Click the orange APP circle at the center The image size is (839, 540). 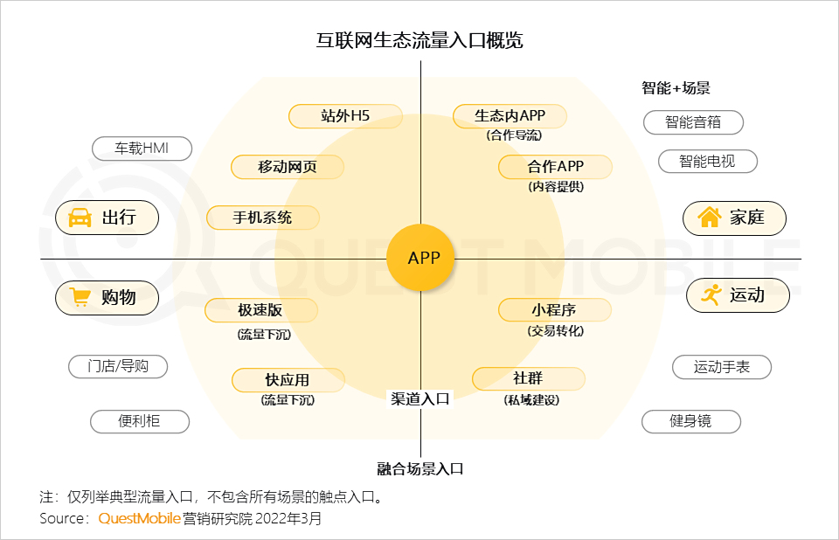tap(420, 258)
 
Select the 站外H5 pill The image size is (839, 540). tap(345, 116)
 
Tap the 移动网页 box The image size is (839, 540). tap(288, 167)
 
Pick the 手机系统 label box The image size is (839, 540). tap(263, 218)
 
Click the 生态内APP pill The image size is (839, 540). tap(510, 116)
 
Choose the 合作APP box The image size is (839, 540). tap(555, 167)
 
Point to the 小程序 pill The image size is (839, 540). tap(554, 310)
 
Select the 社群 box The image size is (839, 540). tap(528, 379)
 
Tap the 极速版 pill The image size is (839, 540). tap(260, 310)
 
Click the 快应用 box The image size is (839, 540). tap(288, 380)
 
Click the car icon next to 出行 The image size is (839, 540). tap(80, 218)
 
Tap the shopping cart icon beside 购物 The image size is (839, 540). tap(80, 297)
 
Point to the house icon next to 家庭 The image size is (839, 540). tap(710, 217)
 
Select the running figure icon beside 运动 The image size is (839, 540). tap(711, 294)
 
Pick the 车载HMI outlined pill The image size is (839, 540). tap(142, 149)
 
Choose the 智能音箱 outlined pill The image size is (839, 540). tap(693, 122)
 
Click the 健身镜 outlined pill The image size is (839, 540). tap(690, 421)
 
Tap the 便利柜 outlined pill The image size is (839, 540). tap(140, 421)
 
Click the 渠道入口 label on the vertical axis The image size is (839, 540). tap(420, 398)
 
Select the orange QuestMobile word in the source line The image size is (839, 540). tap(139, 518)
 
